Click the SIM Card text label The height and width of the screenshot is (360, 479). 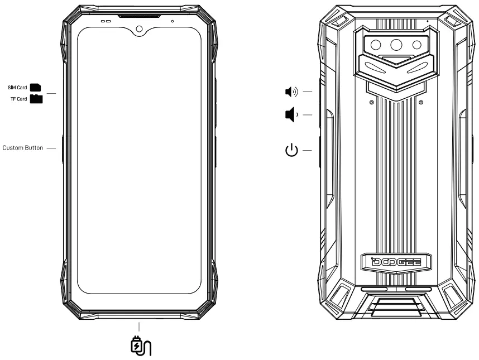pyautogui.click(x=17, y=88)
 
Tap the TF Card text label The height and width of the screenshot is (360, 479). pyautogui.click(x=18, y=99)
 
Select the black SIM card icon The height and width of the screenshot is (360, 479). pyautogui.click(x=36, y=88)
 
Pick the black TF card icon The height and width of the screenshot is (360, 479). pyautogui.click(x=36, y=99)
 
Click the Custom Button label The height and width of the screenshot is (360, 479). pyautogui.click(x=23, y=148)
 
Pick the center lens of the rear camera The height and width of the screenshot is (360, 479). pyautogui.click(x=397, y=46)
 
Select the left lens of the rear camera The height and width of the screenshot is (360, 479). pyautogui.click(x=377, y=44)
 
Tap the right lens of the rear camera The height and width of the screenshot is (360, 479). pyautogui.click(x=416, y=44)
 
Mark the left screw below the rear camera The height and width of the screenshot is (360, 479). pyautogui.click(x=371, y=102)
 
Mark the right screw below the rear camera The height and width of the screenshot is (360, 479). pyautogui.click(x=420, y=102)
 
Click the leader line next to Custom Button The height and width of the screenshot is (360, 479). pyautogui.click(x=51, y=148)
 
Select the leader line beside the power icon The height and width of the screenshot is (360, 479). pyautogui.click(x=307, y=150)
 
